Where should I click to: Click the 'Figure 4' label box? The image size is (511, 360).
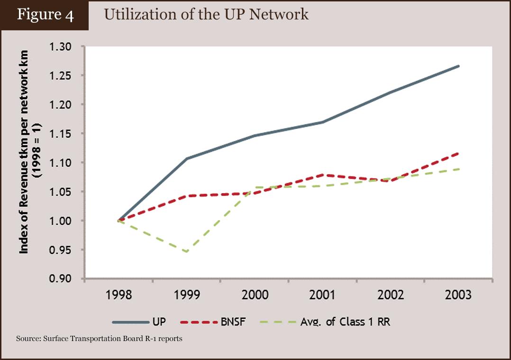pos(45,15)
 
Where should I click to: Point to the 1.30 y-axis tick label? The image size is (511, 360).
pos(60,47)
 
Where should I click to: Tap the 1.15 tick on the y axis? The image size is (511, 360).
pos(60,134)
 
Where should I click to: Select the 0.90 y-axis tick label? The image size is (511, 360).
pos(60,279)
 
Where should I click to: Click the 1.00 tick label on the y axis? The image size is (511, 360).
pos(60,221)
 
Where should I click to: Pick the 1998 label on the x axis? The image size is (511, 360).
pos(119,295)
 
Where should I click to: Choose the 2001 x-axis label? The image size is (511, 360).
pos(322,295)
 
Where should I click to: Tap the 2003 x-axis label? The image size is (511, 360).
pos(458,295)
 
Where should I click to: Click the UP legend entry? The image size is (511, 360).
pos(139,322)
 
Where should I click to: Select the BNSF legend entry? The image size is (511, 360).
pos(212,322)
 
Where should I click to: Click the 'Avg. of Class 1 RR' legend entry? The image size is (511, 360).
pos(325,322)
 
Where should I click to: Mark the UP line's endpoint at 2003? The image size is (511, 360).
pos(458,66)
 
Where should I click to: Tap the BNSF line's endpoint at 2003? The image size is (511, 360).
pos(458,153)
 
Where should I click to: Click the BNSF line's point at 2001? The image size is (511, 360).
pos(322,175)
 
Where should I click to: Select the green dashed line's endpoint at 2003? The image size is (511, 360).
pos(458,169)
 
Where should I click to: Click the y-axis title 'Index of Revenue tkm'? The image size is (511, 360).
pos(24,152)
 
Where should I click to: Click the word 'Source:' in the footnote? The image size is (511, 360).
pos(28,339)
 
